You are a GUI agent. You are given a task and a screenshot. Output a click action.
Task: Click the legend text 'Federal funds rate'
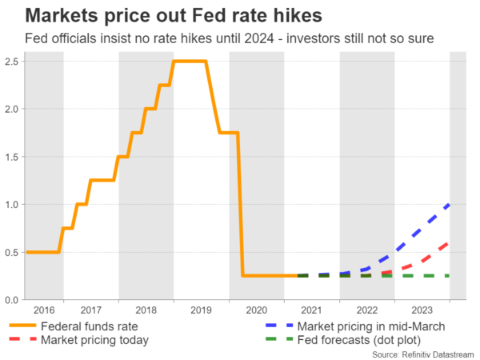90,326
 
